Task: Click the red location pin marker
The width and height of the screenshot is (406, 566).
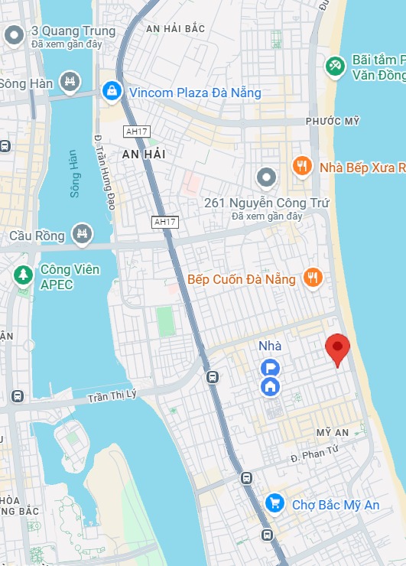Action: [337, 349]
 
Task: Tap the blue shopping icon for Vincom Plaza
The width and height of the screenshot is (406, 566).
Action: [112, 92]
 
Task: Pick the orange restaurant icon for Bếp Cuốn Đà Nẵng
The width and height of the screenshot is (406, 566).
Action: [312, 278]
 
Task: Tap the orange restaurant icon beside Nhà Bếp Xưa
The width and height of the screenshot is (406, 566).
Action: [303, 166]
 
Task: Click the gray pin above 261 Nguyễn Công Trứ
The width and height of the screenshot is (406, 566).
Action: [266, 178]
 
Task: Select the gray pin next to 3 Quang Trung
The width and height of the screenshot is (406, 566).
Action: [13, 35]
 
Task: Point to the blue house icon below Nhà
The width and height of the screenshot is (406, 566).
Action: [270, 386]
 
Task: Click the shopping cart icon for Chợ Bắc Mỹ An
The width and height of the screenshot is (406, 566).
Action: [274, 503]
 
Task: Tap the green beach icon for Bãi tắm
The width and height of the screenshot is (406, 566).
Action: [334, 67]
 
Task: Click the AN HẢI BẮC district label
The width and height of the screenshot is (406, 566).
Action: [175, 28]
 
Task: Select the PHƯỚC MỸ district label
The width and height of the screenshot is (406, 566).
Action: [332, 122]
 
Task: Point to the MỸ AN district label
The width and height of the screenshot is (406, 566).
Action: [333, 433]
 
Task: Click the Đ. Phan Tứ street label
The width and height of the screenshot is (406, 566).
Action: [314, 454]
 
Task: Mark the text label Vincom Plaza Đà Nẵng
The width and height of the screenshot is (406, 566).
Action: [194, 93]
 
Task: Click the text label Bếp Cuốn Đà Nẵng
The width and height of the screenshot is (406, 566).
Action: [242, 278]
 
